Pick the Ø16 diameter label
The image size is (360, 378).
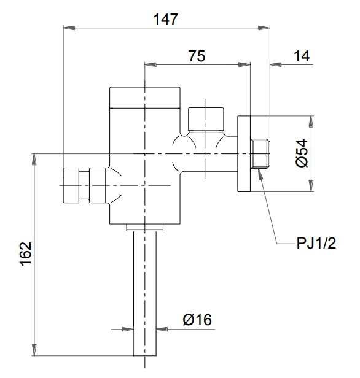[197, 320]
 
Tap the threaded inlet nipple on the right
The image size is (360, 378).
[260, 155]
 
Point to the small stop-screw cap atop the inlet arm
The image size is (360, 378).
[206, 119]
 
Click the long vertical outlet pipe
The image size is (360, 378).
[146, 295]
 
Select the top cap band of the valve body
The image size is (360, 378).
[146, 97]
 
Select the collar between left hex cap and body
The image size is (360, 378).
[96, 185]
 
